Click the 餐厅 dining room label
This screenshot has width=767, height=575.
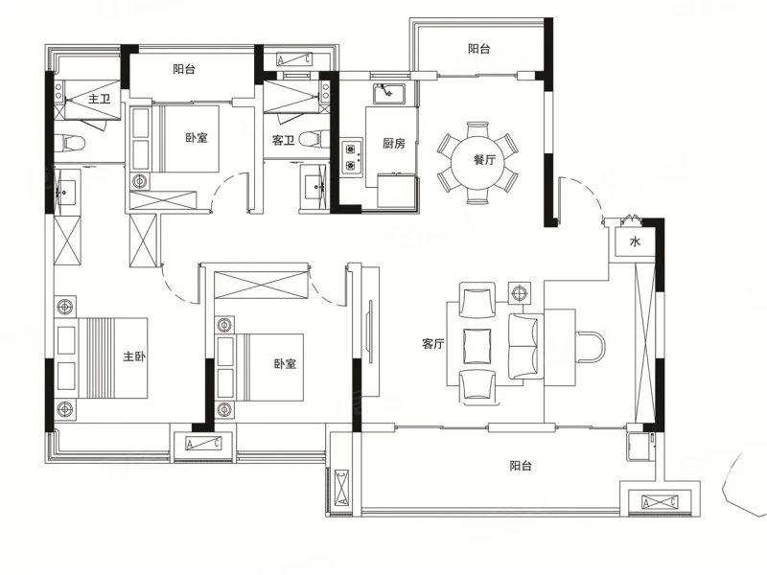click(484, 160)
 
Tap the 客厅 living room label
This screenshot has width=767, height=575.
click(433, 344)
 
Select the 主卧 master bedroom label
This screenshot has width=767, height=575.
click(134, 356)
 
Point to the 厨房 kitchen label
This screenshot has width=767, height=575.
click(394, 143)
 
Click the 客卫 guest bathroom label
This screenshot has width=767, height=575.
click(283, 141)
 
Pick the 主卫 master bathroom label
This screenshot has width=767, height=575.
click(100, 100)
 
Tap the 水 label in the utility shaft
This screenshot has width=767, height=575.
click(635, 241)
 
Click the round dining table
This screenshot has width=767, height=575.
click(477, 162)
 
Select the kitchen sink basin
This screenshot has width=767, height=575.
click(389, 93)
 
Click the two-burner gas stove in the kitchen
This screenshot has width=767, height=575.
click(351, 156)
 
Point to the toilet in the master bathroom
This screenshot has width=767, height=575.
click(69, 143)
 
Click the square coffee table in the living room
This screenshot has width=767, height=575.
click(476, 346)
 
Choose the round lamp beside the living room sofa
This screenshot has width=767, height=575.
click(519, 293)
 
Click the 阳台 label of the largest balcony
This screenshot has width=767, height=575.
click(521, 466)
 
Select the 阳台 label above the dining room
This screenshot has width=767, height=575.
click(478, 49)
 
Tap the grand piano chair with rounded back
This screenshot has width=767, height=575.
click(591, 347)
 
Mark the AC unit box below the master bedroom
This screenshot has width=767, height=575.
click(203, 444)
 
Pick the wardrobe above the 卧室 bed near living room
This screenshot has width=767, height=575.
click(262, 284)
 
